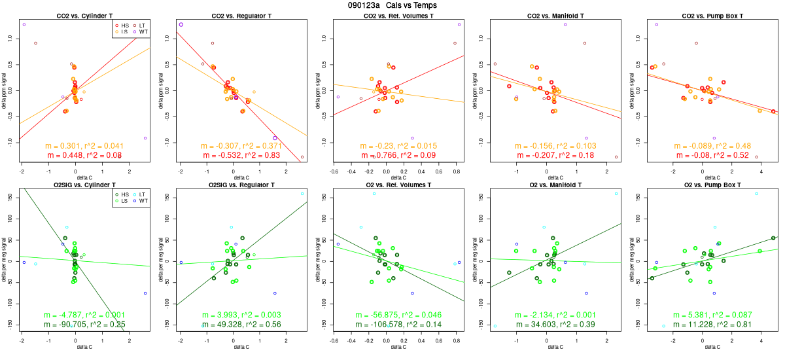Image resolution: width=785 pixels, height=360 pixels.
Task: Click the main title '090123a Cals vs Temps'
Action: tap(392, 5)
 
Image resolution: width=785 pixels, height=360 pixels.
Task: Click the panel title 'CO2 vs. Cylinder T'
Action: tap(82, 15)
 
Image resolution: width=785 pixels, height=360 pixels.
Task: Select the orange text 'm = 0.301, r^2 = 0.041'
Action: tap(82, 146)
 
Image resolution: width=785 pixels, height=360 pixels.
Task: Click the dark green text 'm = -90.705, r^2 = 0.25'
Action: tap(82, 325)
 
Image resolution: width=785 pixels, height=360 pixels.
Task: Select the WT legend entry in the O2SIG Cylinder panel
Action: tap(139, 202)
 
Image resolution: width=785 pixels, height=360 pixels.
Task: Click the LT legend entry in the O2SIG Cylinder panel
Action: tap(139, 195)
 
